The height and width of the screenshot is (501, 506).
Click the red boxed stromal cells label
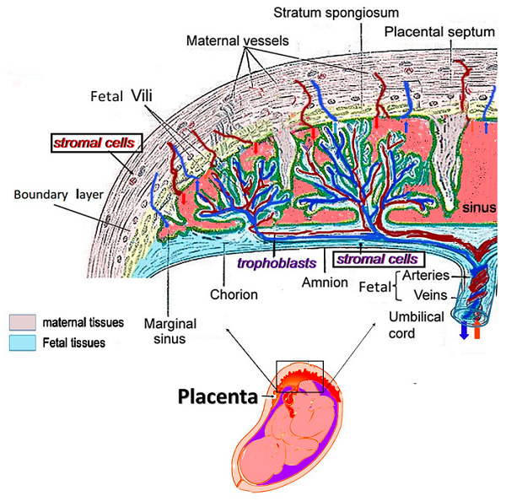93,143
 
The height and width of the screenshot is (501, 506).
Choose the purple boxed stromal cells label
375,259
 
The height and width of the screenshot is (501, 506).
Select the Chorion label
234,295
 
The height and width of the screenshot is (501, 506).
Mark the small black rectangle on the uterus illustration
299,376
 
